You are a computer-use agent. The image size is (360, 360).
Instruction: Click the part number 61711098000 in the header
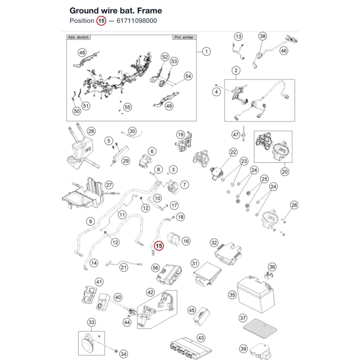click(x=136, y=21)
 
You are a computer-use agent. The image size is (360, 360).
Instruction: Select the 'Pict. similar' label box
click(x=184, y=37)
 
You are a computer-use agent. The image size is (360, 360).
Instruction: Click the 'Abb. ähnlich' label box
click(x=78, y=37)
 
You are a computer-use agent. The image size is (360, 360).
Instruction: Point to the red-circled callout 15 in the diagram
click(x=159, y=246)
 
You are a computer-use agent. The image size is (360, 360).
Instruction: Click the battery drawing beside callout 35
click(x=256, y=293)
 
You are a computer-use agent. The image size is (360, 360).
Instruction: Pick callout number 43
click(x=201, y=338)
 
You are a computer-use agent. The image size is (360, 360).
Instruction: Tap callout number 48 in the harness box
click(x=82, y=53)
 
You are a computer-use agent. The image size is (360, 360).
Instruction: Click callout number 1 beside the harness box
click(x=206, y=51)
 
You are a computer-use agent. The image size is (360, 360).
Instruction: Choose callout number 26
click(x=294, y=205)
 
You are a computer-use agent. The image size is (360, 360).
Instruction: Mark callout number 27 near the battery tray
click(x=109, y=185)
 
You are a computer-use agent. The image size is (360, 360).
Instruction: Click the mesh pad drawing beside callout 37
click(x=260, y=329)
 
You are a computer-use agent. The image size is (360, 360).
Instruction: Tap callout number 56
click(x=156, y=268)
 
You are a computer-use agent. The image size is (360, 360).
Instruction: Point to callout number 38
click(x=263, y=36)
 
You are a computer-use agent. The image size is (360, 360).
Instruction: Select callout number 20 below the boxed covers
click(x=285, y=171)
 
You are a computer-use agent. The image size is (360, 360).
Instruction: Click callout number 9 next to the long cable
click(x=90, y=221)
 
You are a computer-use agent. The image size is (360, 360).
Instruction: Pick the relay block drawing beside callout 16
click(x=174, y=239)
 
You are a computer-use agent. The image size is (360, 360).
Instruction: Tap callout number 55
click(x=127, y=107)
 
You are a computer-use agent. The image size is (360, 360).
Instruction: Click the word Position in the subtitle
click(x=82, y=21)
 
